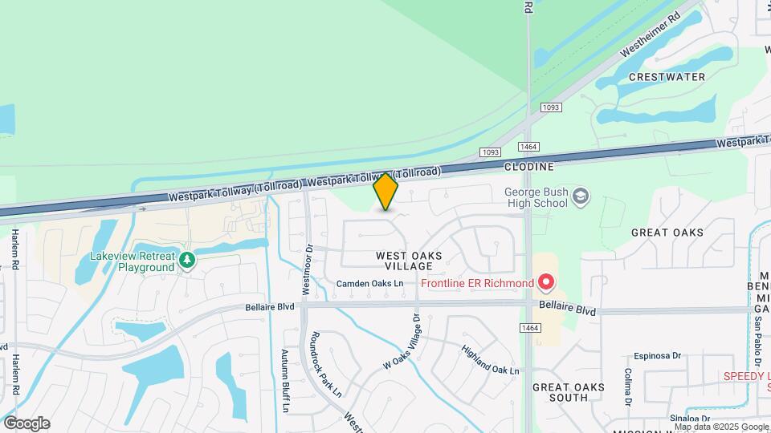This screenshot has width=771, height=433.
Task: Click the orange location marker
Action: pos(385,191)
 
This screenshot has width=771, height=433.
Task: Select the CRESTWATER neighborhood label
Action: pos(667,77)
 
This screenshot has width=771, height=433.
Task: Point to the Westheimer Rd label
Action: pos(651,34)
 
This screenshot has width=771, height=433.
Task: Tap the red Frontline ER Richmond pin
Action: pos(546,283)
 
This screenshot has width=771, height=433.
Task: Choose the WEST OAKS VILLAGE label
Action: pos(409,261)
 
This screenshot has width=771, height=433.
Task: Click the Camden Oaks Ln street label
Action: pos(369,284)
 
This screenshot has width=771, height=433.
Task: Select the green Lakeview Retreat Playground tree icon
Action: pos(187,261)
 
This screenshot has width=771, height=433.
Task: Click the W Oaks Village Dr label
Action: pos(402,342)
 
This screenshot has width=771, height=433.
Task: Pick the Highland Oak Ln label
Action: pos(490,361)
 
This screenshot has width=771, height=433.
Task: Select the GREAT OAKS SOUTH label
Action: pos(569,392)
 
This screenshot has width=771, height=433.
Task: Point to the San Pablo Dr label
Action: pos(756,330)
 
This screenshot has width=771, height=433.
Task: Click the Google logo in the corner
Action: pos(27,423)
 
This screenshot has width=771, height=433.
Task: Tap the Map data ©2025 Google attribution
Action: pos(720,427)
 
